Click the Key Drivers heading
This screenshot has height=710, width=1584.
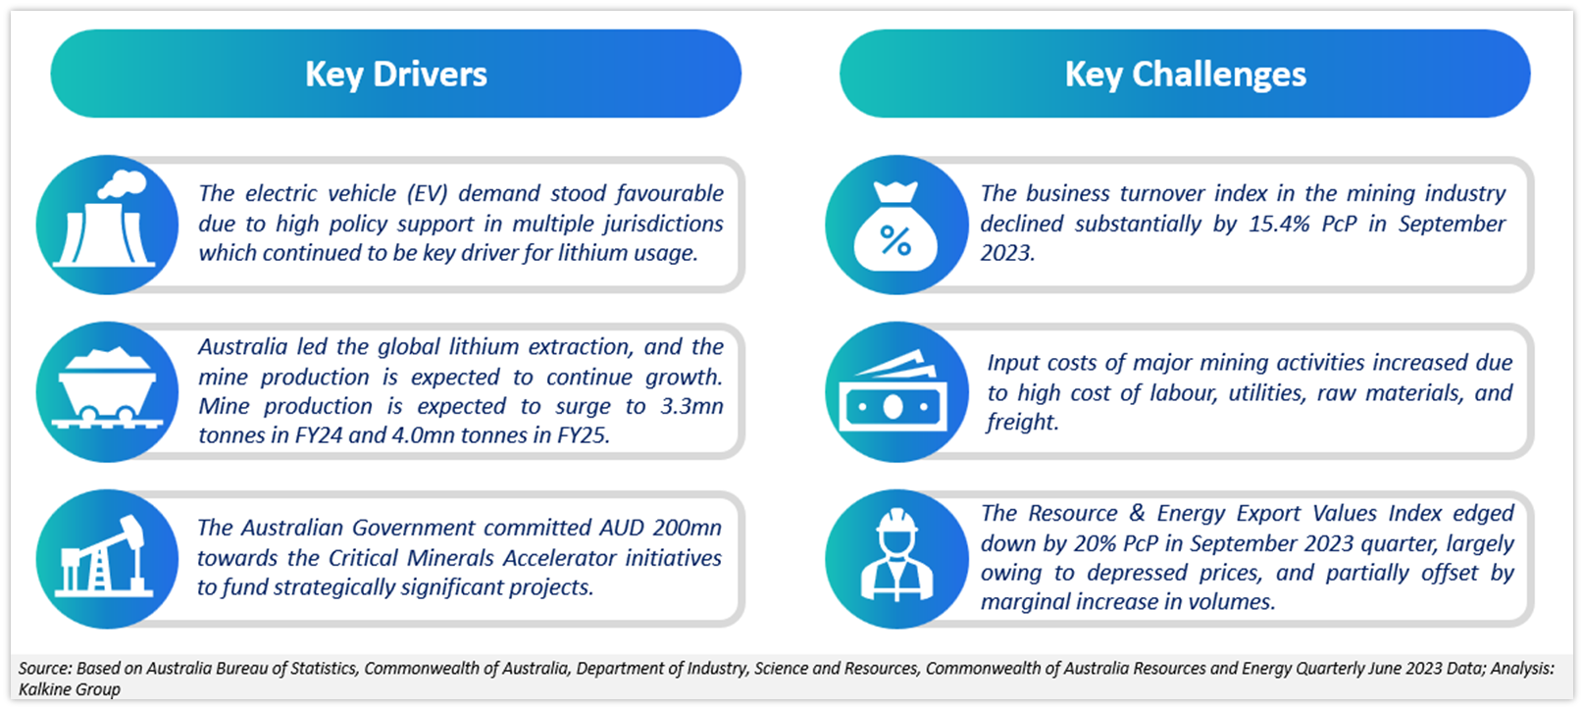(396, 75)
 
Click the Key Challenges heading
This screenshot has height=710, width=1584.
(1185, 75)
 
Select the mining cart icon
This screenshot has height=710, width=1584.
(108, 387)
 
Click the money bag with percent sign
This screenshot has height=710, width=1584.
(895, 227)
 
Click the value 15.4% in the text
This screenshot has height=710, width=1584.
(1279, 224)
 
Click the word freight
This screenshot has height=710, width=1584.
(1023, 423)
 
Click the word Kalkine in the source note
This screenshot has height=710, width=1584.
(43, 688)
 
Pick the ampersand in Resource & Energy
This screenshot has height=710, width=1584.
(1137, 514)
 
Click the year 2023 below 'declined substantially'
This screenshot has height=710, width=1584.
(1007, 253)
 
